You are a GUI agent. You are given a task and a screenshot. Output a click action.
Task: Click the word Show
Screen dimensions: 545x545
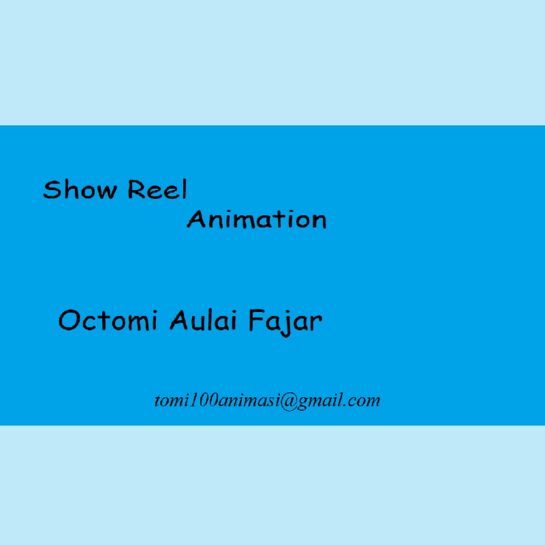[x=79, y=190]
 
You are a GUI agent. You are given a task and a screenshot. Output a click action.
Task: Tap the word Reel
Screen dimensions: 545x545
[x=157, y=189]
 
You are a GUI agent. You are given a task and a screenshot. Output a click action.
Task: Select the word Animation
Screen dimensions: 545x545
[x=257, y=219]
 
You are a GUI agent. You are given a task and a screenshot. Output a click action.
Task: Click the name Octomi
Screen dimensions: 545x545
[x=108, y=320]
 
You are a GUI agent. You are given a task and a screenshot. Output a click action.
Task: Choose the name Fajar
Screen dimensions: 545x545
[x=285, y=322]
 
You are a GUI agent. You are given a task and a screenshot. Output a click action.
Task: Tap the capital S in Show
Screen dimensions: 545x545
[x=51, y=190]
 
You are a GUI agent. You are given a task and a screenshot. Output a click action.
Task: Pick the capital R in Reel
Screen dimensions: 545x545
[x=136, y=190]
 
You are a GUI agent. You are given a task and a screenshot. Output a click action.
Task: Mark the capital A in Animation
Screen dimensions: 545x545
[x=196, y=219]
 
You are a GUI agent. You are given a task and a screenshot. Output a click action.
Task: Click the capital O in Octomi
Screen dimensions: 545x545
[x=70, y=320]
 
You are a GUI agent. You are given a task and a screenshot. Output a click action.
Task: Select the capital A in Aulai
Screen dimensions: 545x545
[x=179, y=320]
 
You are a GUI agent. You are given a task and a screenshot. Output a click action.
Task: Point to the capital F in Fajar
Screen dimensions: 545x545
[x=256, y=320]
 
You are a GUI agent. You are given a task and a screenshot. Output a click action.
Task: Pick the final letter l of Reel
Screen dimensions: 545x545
[x=185, y=189]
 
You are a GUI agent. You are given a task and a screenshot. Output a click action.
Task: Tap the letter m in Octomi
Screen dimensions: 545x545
[x=137, y=323]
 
